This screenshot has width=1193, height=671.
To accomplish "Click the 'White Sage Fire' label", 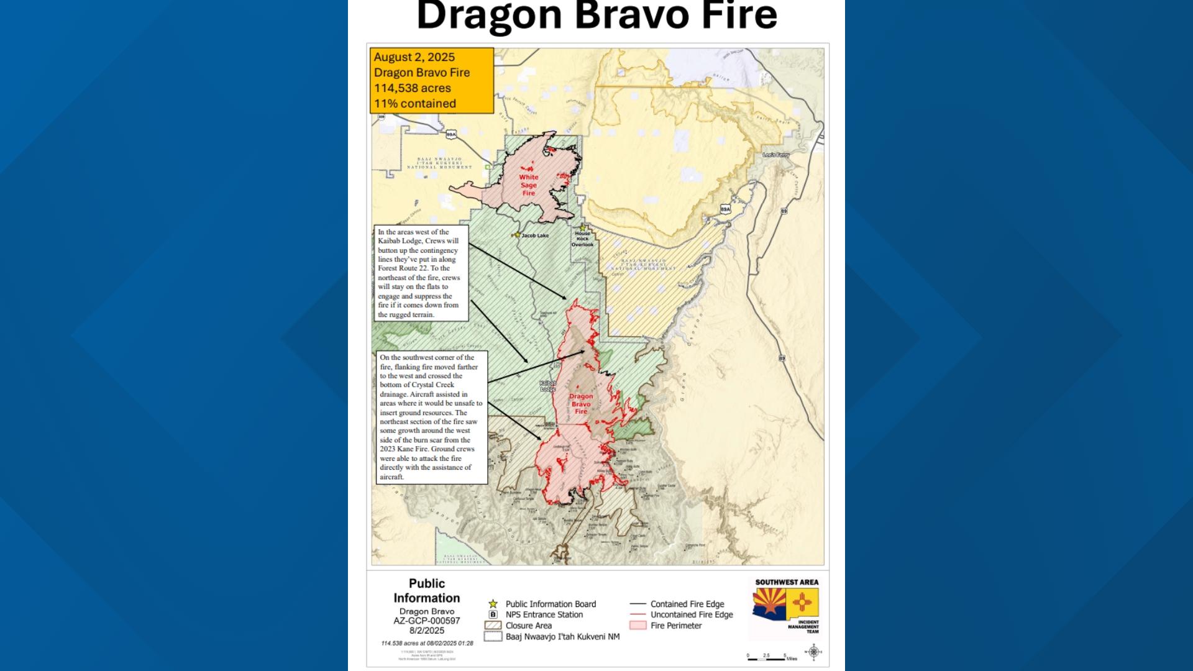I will click(529, 185).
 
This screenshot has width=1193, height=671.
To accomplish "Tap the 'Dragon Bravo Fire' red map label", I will click(581, 404).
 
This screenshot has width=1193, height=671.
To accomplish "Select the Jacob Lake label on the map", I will click(534, 235).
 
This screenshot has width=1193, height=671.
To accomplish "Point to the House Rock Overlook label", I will click(582, 239).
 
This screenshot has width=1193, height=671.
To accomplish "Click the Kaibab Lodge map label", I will click(547, 386).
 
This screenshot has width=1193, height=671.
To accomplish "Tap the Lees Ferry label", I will click(776, 155).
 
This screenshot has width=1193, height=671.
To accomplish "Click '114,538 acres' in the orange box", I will click(413, 88).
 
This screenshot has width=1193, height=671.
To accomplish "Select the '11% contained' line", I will click(415, 104).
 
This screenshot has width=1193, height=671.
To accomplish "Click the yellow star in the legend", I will click(493, 604).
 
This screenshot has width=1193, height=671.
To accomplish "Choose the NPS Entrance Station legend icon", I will click(493, 614).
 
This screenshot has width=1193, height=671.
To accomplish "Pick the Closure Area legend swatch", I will click(493, 626).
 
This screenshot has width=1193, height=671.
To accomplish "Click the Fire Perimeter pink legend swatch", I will click(638, 626).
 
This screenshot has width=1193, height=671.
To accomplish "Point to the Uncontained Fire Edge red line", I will click(638, 614).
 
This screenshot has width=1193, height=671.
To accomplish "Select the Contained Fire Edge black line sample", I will click(638, 604).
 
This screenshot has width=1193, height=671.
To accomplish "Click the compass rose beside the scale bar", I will click(814, 652).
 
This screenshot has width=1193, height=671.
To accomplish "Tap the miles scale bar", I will click(767, 658).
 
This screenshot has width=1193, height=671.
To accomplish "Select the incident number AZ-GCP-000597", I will click(427, 621).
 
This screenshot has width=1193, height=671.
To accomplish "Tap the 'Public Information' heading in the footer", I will click(427, 591).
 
